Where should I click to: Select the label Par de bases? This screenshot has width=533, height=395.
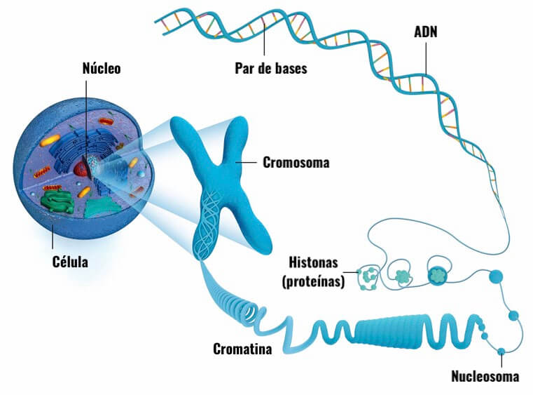tap(270, 69)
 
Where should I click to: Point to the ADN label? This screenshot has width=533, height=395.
tap(427, 32)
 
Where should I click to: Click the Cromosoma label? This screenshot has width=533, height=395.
tap(296, 163)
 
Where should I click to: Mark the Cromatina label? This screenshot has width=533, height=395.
tap(242, 349)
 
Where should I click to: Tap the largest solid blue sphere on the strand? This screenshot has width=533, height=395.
tap(496, 277)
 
